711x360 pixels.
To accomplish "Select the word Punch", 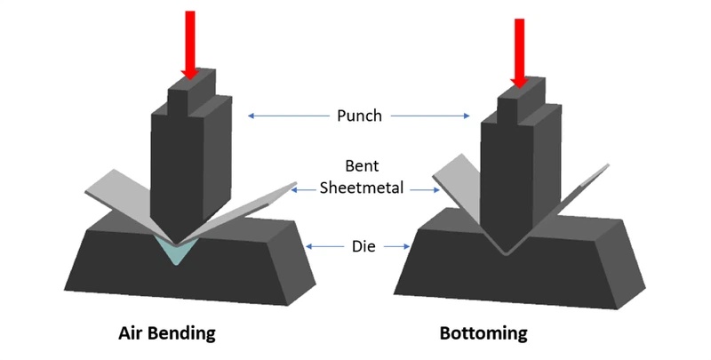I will click(359, 115).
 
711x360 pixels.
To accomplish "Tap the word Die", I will click(359, 245).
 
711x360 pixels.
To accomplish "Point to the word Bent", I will click(359, 166).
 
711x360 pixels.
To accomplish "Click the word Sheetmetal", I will click(359, 188).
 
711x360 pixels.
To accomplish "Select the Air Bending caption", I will click(167, 334).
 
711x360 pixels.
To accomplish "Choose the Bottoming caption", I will click(483, 334).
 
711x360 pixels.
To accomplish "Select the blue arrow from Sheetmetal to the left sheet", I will click(306, 188).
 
